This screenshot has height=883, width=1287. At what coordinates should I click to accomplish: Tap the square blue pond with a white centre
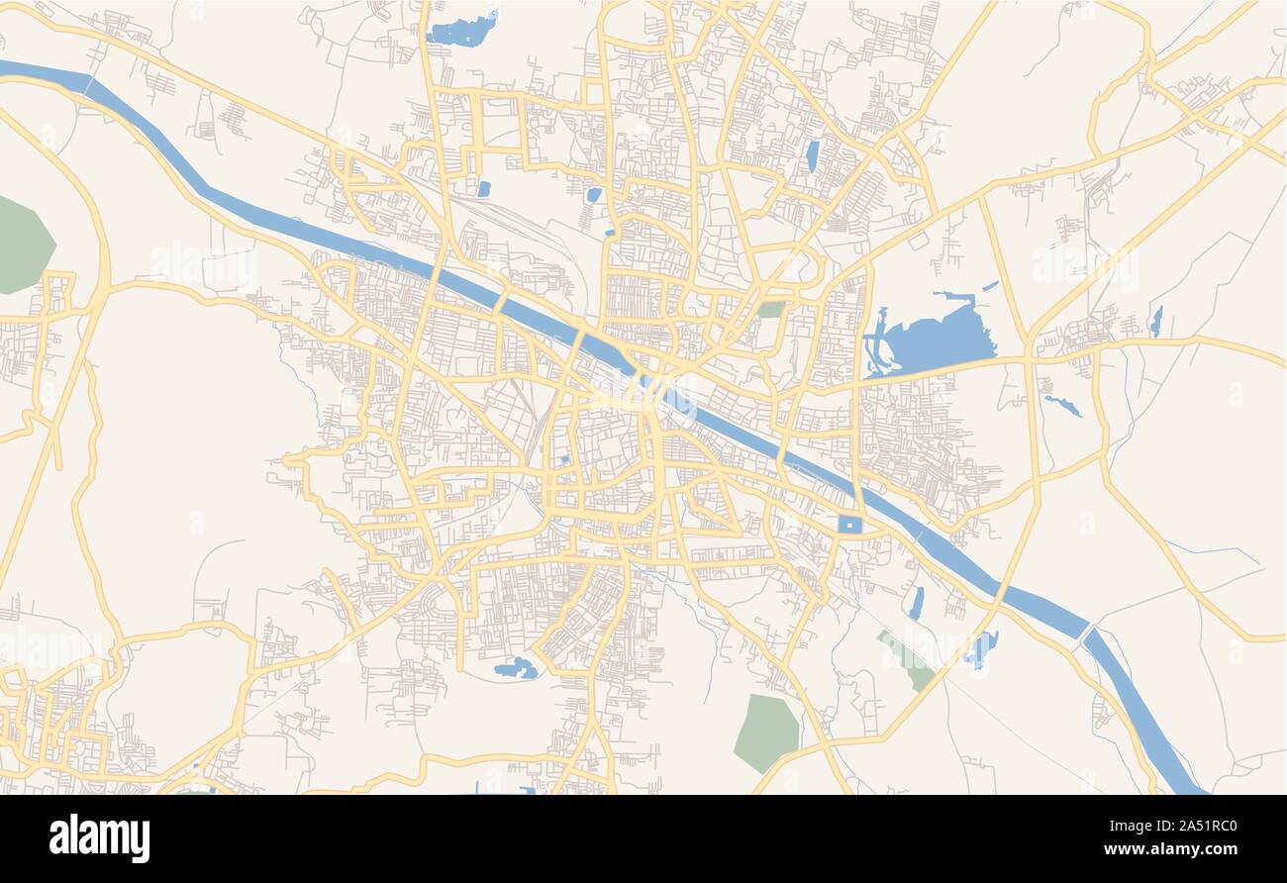click(849, 525)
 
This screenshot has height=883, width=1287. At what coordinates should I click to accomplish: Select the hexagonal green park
click(765, 732)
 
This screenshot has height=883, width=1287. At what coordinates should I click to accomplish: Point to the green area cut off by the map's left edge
click(22, 245)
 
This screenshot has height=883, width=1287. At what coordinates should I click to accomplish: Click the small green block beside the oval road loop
click(771, 310)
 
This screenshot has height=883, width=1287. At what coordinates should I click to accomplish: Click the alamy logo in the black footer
click(99, 837)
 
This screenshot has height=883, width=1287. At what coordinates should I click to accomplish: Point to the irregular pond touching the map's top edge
click(460, 31)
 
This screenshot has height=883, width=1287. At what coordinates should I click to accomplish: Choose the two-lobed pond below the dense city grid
click(515, 669)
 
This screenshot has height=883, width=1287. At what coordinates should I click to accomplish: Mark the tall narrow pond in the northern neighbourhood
click(812, 156)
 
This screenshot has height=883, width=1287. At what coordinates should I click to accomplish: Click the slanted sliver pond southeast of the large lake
click(1061, 405)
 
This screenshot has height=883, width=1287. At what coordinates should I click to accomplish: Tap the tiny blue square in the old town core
click(564, 460)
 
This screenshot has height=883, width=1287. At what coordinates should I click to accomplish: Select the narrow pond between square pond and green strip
click(916, 603)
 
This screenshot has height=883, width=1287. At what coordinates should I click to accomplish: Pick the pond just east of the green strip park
click(980, 649)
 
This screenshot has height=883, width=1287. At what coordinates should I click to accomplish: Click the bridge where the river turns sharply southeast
click(1087, 630)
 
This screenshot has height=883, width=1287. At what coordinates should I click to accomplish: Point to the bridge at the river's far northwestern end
click(88, 85)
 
